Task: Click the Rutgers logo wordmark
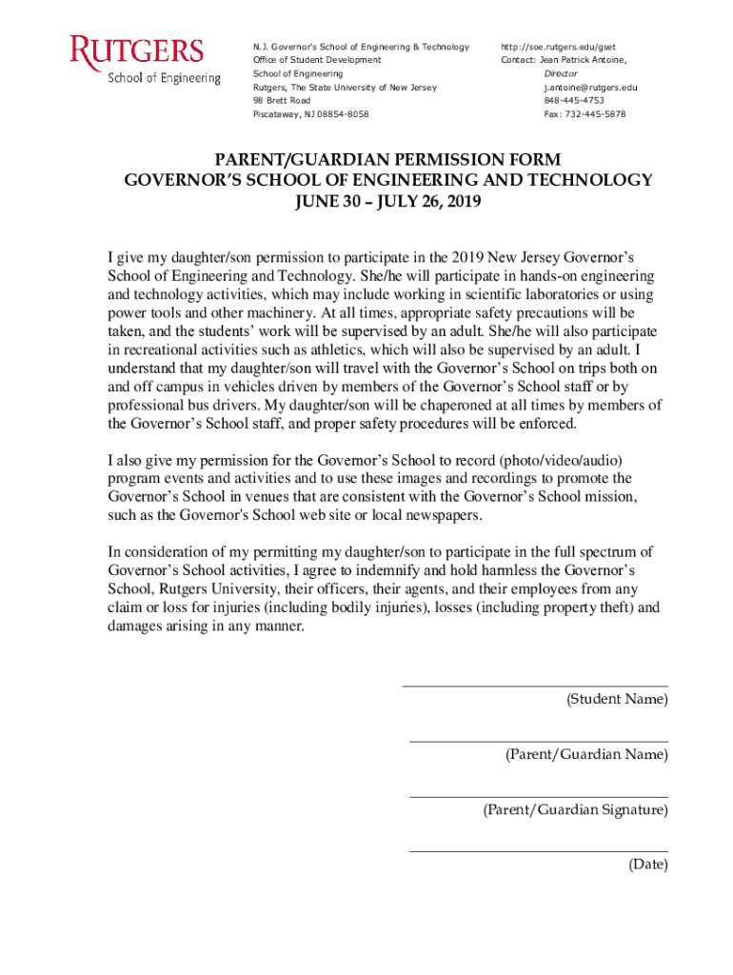click(136, 51)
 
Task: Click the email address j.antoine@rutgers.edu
click(590, 87)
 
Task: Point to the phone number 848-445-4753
click(574, 100)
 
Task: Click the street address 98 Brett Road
click(282, 100)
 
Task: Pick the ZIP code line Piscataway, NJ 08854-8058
click(310, 113)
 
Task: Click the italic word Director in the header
click(561, 73)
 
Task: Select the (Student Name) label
click(617, 700)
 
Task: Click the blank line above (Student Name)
click(534, 686)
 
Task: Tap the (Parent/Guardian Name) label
click(586, 755)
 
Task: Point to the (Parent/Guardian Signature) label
click(575, 810)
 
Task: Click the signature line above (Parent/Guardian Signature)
click(538, 797)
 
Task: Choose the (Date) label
click(647, 865)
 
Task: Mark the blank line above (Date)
click(538, 851)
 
